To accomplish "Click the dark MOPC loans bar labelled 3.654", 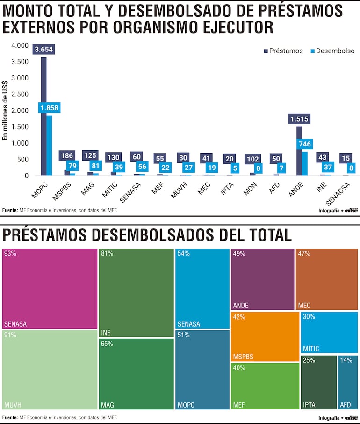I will pyautogui.click(x=43, y=117).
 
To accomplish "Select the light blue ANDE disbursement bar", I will pyautogui.click(x=305, y=163).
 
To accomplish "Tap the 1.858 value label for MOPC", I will pyautogui.click(x=49, y=108).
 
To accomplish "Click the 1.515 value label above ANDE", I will pyautogui.click(x=299, y=119).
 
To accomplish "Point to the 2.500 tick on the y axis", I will pyautogui.click(x=19, y=94).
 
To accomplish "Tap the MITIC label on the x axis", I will pyautogui.click(x=109, y=190).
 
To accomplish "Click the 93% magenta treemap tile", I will pyautogui.click(x=50, y=288).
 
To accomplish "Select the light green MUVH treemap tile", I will pyautogui.click(x=50, y=370).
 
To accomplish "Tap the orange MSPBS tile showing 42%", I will pyautogui.click(x=265, y=336).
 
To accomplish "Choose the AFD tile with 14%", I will pyautogui.click(x=347, y=382).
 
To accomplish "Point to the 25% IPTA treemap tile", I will pyautogui.click(x=318, y=382).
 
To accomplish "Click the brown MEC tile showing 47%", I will pyautogui.click(x=327, y=279).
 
